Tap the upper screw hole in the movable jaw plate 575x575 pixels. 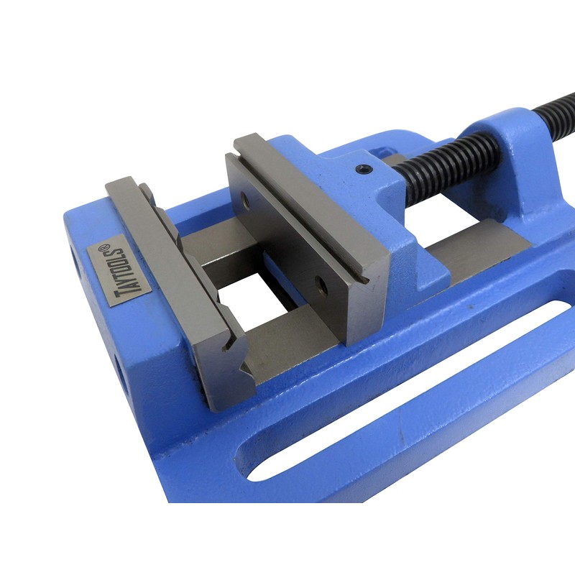pos(247,204)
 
